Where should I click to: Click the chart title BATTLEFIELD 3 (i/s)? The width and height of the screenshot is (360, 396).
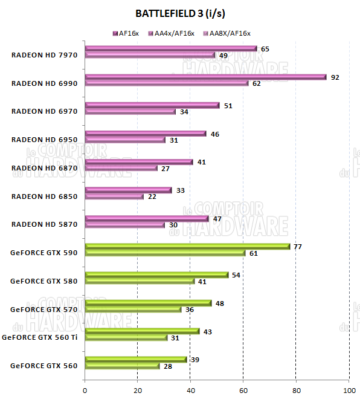180,13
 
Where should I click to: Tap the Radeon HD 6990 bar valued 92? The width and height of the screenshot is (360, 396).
205,77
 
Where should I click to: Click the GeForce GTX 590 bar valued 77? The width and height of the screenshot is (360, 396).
187,246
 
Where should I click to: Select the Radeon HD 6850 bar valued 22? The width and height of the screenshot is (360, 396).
114,196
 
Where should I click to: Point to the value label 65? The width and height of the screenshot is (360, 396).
265,48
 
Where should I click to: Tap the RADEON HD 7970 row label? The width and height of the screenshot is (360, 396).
44,55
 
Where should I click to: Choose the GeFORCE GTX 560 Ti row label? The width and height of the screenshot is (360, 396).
40,337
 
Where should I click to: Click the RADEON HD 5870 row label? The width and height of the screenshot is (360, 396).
44,224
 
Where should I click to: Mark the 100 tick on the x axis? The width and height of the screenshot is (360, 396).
349,389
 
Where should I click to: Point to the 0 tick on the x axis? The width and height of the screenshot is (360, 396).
85,389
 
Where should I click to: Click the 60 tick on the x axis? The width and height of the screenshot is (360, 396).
243,389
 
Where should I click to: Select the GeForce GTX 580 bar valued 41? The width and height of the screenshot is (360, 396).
140,281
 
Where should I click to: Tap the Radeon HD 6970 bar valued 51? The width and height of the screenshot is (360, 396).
152,105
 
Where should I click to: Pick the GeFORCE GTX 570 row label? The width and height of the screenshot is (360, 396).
44,309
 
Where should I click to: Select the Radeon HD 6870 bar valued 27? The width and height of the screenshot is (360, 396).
121,168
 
